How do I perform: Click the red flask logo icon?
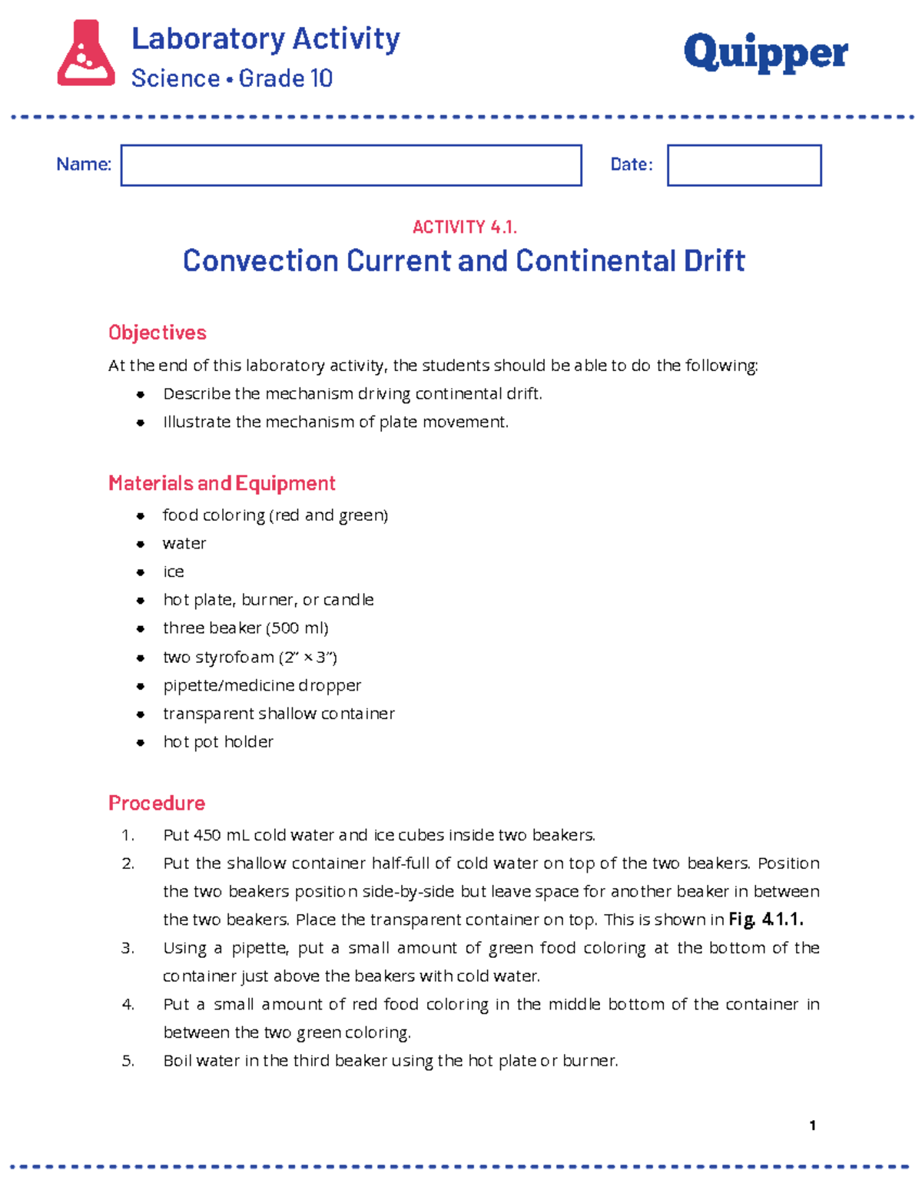[86, 53]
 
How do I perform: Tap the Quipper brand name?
[765, 53]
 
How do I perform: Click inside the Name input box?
[350, 165]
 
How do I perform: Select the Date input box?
[744, 165]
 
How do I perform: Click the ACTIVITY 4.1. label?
[464, 227]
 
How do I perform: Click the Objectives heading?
[158, 333]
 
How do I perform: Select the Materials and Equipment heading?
[222, 483]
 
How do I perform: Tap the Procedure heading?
[157, 804]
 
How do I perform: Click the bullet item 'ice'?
[174, 572]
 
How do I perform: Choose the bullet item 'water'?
[184, 544]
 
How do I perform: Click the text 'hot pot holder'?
[218, 742]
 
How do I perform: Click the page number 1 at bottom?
[812, 1125]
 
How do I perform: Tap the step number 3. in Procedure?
[128, 949]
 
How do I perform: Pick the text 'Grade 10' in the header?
[285, 78]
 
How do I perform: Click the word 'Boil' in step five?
[177, 1061]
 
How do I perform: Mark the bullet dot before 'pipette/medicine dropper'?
[141, 686]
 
